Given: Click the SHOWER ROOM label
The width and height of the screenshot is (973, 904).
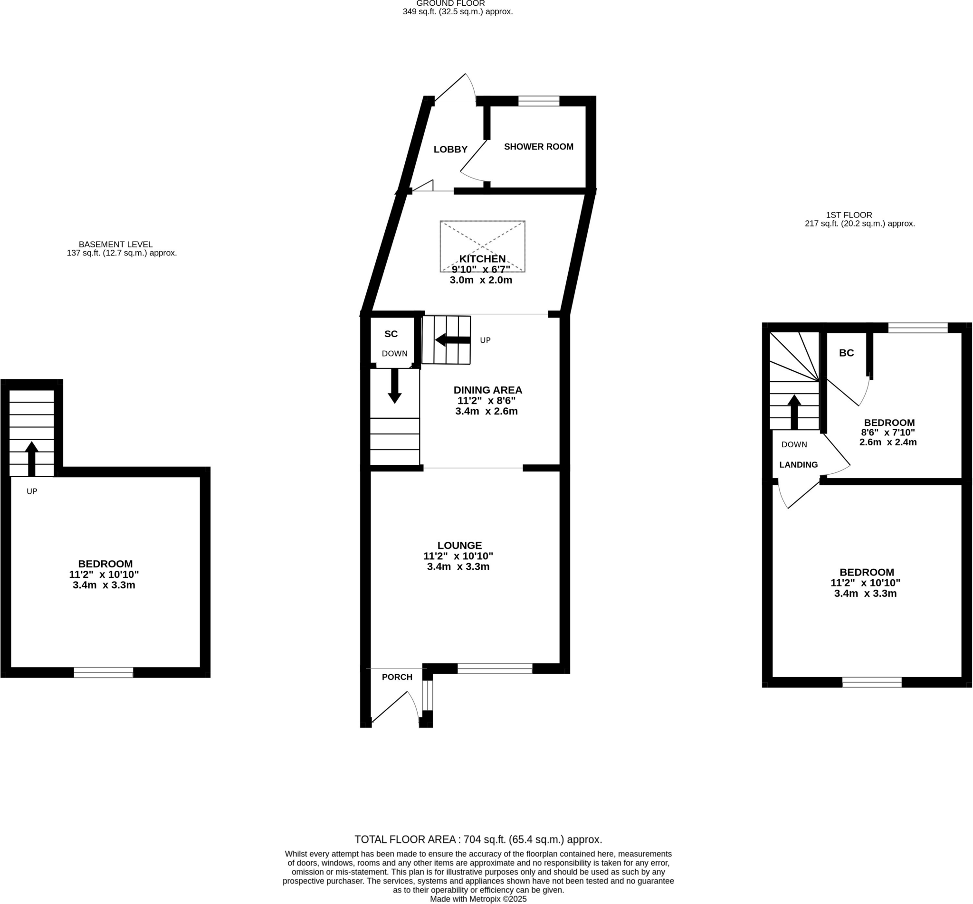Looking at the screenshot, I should pyautogui.click(x=538, y=147).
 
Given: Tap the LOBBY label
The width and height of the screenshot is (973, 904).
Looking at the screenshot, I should pyautogui.click(x=450, y=150).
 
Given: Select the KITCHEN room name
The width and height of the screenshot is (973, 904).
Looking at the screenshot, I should pyautogui.click(x=482, y=259).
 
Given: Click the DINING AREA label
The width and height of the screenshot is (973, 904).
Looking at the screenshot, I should pyautogui.click(x=487, y=390).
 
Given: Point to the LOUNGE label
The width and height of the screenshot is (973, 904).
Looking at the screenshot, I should pyautogui.click(x=459, y=545).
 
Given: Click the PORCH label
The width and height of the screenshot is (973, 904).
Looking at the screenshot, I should pyautogui.click(x=397, y=677).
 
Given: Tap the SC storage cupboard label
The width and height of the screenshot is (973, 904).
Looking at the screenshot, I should pyautogui.click(x=391, y=334).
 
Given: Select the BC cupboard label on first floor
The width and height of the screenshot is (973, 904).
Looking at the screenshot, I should pyautogui.click(x=846, y=353).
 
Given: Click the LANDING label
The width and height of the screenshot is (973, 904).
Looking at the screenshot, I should pyautogui.click(x=798, y=465).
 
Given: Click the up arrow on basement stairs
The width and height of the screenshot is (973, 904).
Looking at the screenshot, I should pyautogui.click(x=32, y=458).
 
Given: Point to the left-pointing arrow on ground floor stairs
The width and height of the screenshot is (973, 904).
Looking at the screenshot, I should pyautogui.click(x=452, y=340).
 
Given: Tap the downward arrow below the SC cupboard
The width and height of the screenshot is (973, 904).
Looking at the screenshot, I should pyautogui.click(x=394, y=386).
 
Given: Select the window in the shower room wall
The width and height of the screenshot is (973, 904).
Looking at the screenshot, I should pyautogui.click(x=538, y=101).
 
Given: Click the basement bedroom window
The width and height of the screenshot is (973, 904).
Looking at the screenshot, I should pyautogui.click(x=103, y=673).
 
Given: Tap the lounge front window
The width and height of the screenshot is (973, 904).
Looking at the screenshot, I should pyautogui.click(x=494, y=669).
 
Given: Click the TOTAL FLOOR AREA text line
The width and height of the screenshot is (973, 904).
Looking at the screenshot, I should pyautogui.click(x=477, y=839).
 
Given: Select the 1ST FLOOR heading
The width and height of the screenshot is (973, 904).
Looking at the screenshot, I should pyautogui.click(x=849, y=215).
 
